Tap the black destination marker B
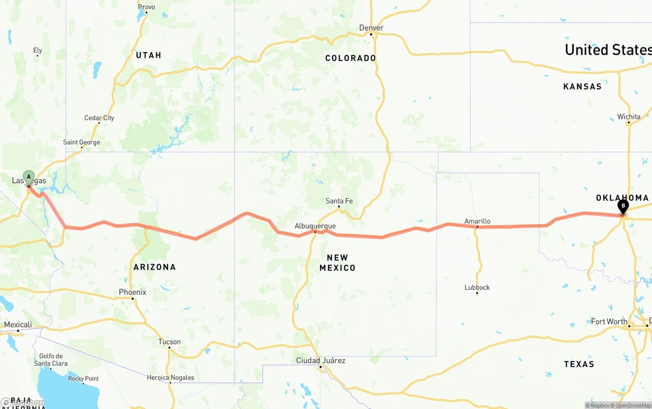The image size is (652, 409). coord(622,206)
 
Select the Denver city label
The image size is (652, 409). coord(371,28)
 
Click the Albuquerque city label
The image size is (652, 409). coord(315,226)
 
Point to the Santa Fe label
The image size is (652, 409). coord(339,201)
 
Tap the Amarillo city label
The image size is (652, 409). coord(477,221)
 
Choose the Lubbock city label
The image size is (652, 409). coord(477,287)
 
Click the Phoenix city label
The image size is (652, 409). coord(132,292)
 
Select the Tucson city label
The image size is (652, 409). coord(170,342)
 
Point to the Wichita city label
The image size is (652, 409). coord(629,117)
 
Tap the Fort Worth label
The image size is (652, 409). coord(609,322)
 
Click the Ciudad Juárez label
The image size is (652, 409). coord(321,361)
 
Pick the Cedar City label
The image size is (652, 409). coord(99,118)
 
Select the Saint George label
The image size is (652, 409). coord(81,143)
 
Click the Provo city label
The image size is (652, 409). coord(146,7)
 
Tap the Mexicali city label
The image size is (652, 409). coord(18,325)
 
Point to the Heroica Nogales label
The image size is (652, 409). coord(170,377)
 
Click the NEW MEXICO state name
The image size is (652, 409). coord(337,263)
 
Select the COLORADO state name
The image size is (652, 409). coord(350,58)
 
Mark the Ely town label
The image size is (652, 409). coord(38,50)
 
